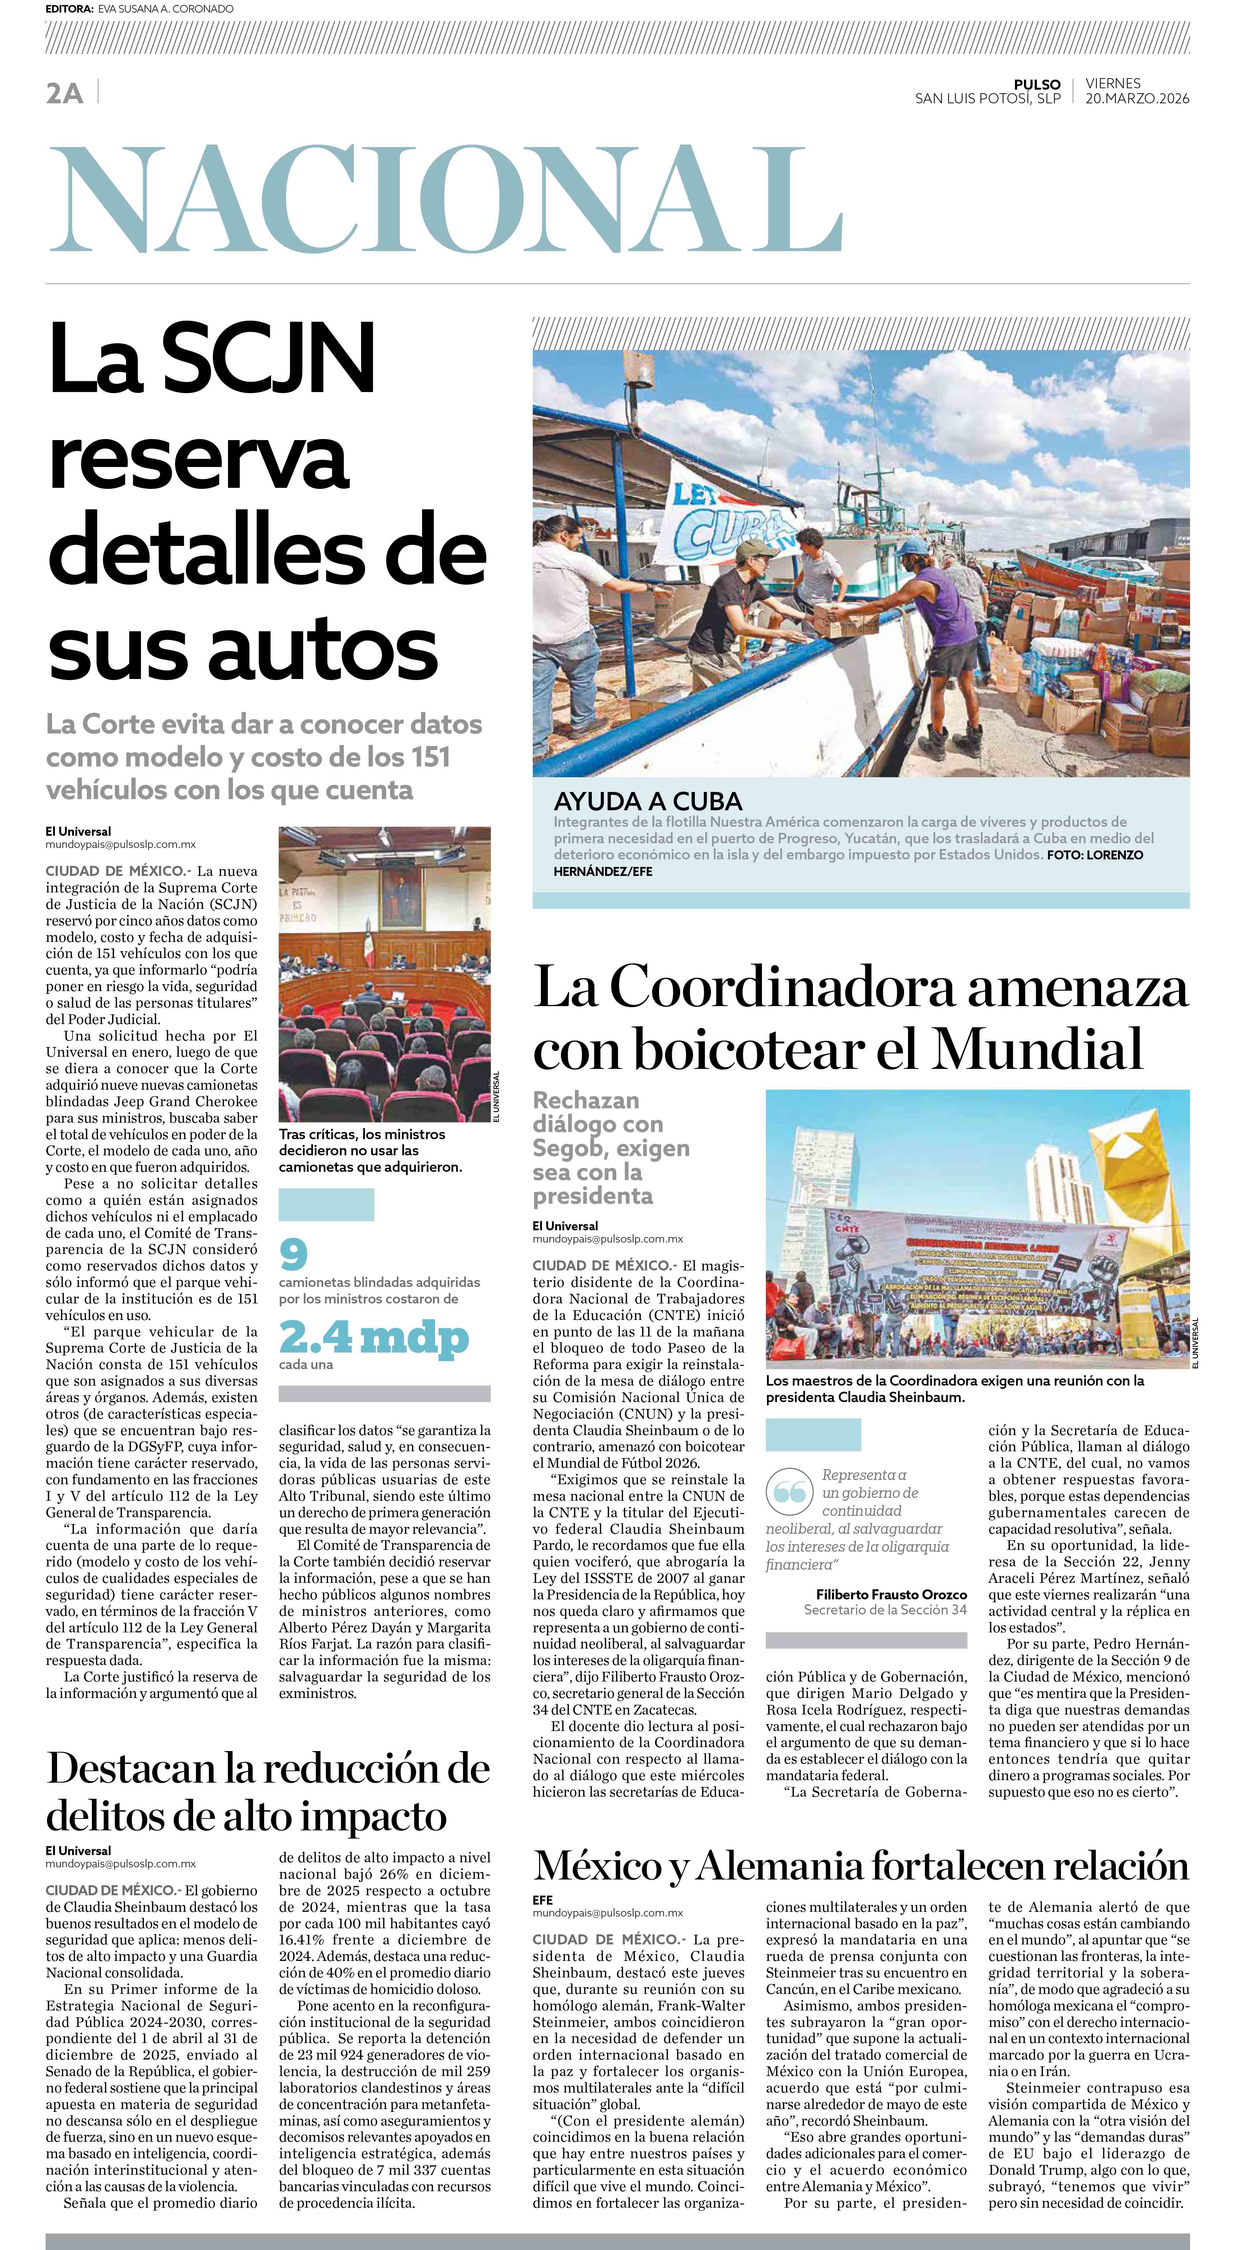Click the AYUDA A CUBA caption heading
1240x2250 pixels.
tap(647, 801)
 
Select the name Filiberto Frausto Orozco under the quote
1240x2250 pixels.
tap(892, 1594)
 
